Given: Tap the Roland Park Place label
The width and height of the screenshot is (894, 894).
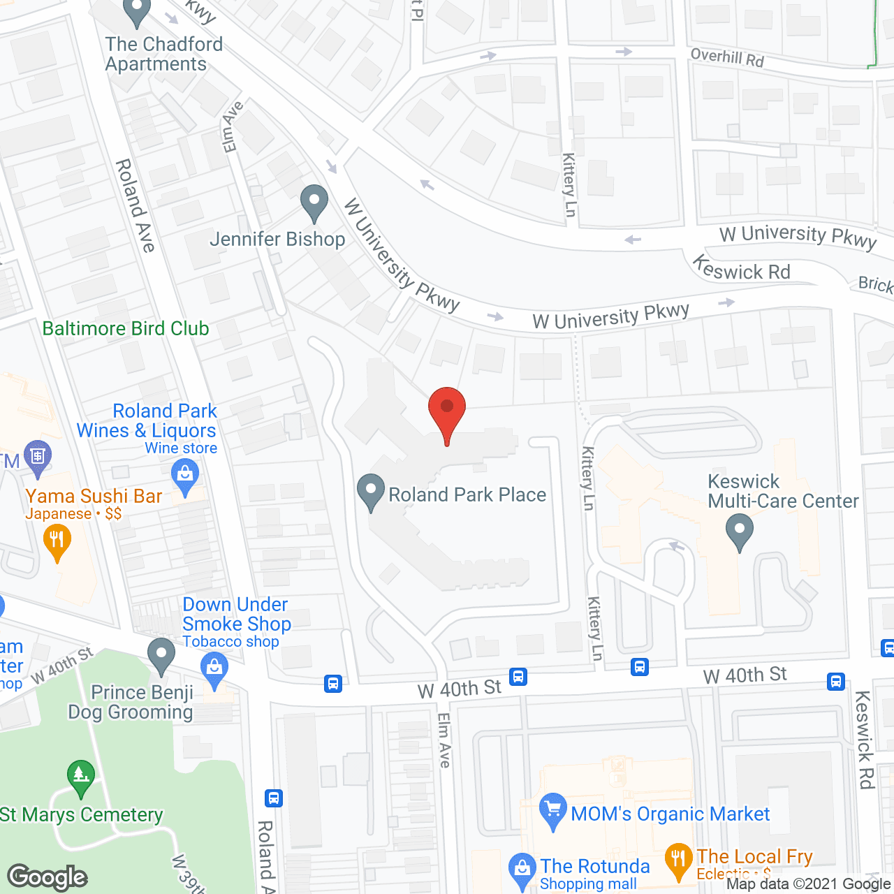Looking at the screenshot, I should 467,494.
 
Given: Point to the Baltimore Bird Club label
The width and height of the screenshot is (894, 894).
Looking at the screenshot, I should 126,328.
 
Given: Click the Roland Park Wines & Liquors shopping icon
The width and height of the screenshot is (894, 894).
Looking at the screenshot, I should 185,478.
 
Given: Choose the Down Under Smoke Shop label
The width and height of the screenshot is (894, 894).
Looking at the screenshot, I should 236,615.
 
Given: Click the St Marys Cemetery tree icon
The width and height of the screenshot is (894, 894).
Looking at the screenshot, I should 81,776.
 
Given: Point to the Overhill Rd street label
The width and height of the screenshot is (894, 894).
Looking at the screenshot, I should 727,57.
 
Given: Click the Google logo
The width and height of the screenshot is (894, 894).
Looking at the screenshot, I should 47,877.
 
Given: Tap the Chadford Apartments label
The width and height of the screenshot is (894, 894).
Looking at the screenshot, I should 163,54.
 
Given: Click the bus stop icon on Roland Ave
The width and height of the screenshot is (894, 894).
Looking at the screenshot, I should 274,798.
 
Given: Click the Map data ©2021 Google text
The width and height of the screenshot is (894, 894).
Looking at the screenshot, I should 809,884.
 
